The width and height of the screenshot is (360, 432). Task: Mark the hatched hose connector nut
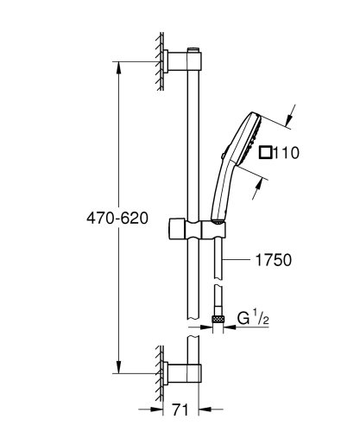point(217,321)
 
